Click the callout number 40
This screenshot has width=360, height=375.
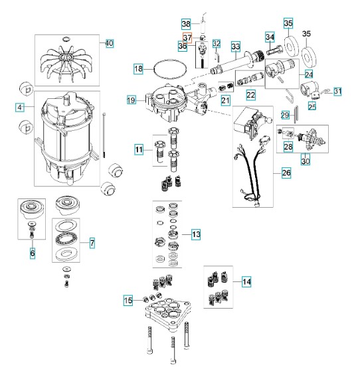[110, 44]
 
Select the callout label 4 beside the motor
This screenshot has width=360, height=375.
[20, 108]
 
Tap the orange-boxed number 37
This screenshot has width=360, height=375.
[187, 38]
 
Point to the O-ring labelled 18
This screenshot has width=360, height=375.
[170, 69]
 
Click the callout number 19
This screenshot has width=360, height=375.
[131, 100]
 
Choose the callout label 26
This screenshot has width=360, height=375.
[286, 173]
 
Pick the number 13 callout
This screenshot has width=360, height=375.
[196, 234]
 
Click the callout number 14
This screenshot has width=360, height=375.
[246, 281]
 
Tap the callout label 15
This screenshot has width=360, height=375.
[128, 301]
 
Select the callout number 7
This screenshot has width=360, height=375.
[92, 243]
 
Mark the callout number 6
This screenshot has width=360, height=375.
[33, 253]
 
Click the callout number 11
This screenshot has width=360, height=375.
[139, 150]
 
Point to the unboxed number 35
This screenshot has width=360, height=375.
[306, 34]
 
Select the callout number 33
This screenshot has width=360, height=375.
[236, 46]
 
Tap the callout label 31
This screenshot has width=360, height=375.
[337, 91]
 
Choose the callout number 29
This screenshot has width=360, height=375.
[285, 115]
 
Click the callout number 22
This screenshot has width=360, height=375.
[250, 95]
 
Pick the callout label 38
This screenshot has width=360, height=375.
[186, 24]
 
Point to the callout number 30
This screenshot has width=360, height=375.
[306, 161]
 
